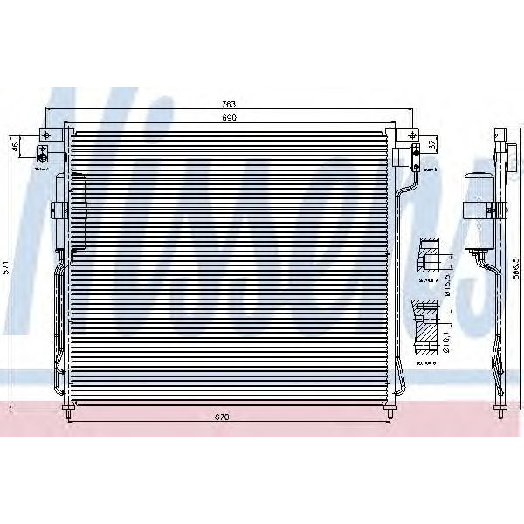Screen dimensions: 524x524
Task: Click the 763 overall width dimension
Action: [x=229, y=105]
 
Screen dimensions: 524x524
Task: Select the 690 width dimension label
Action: [x=229, y=118]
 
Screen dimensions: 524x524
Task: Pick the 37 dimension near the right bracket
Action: [x=431, y=143]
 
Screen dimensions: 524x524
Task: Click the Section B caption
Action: [x=426, y=358]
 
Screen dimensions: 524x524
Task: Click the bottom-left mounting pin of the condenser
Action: [x=70, y=408]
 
